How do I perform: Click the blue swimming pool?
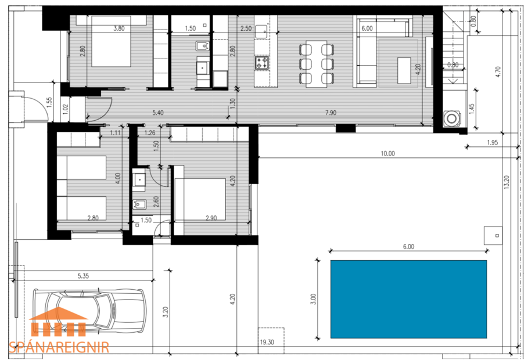point(408,298)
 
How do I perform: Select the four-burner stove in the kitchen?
point(262,62)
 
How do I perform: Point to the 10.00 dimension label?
point(387,154)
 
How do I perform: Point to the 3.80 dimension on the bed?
point(119,28)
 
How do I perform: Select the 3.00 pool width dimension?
point(313,298)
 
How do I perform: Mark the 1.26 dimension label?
point(150,132)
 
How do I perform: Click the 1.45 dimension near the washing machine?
point(472,109)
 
